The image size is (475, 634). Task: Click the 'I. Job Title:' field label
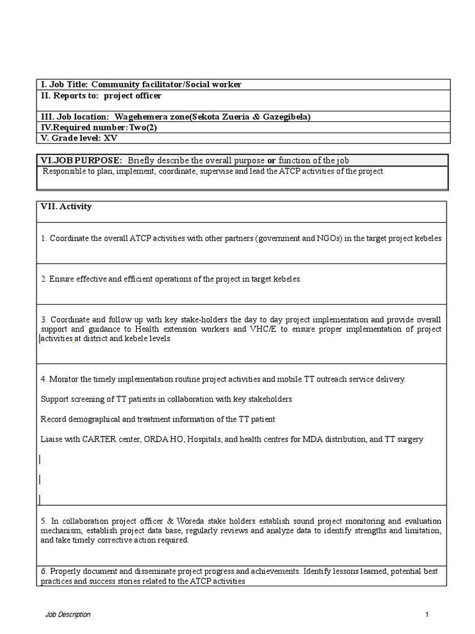coord(65,84)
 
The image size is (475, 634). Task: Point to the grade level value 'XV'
coord(110,137)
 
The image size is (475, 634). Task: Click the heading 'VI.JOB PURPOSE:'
coord(82,160)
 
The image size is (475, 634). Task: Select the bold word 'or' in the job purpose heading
coord(271,160)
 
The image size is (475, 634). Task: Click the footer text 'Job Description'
coord(68,614)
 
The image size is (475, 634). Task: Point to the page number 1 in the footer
coord(427,614)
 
